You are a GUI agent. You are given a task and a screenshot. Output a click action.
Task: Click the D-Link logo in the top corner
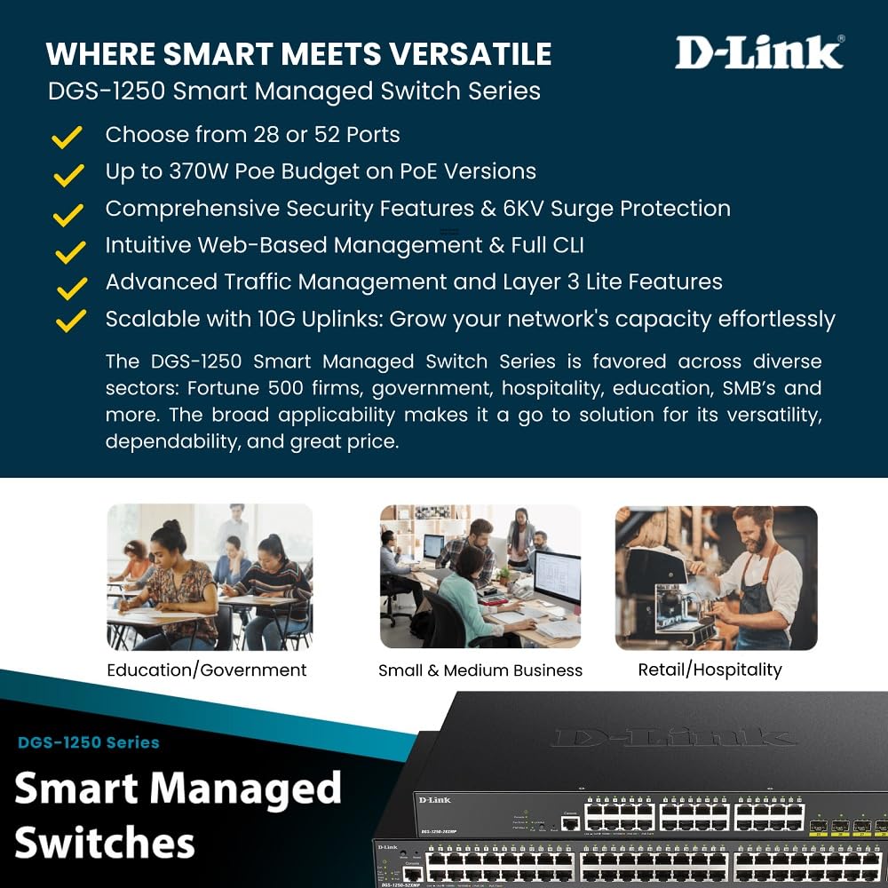[759, 52]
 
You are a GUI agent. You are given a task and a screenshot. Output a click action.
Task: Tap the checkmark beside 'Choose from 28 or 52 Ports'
[67, 137]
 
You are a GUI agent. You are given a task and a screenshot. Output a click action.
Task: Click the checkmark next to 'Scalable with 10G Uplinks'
[69, 320]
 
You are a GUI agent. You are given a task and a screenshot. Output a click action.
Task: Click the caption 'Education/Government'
[207, 670]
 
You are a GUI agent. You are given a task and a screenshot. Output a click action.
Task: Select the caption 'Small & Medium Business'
[480, 670]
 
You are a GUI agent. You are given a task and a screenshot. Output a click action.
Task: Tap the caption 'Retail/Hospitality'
[710, 670]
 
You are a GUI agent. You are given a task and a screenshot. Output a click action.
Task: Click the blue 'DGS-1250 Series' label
[89, 742]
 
